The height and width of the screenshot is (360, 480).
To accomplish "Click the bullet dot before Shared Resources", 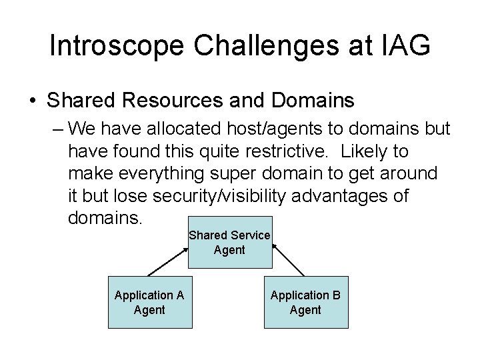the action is point(33,101).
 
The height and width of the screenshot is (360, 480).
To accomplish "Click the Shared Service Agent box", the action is point(229,243).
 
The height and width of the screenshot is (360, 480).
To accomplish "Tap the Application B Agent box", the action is point(305,302).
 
